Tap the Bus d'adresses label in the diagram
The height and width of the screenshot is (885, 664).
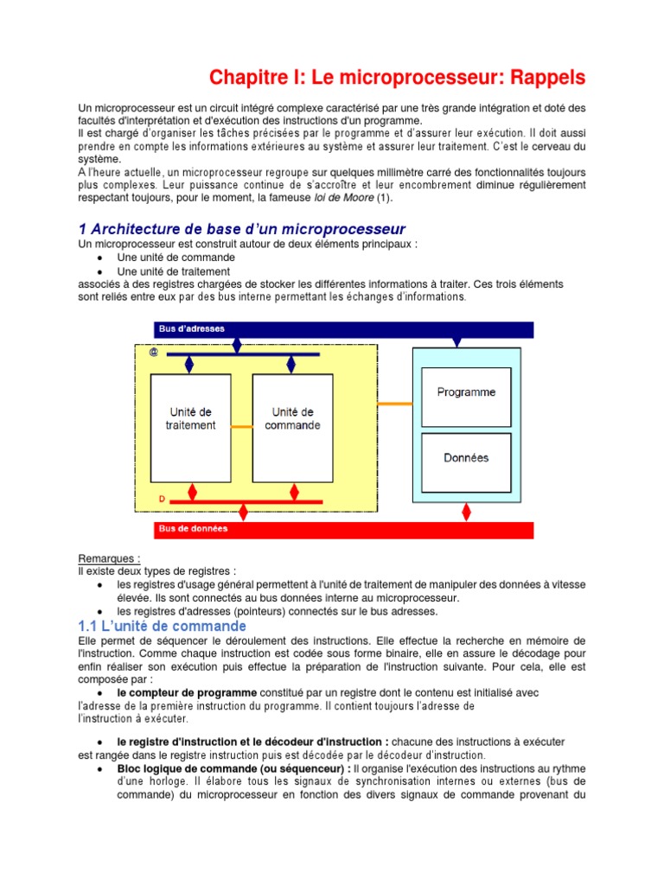tap(192, 329)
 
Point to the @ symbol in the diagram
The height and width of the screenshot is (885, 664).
tap(153, 353)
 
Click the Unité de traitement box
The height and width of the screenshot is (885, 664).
tap(191, 418)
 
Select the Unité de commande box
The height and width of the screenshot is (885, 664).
tap(292, 418)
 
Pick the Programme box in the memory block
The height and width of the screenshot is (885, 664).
tap(466, 392)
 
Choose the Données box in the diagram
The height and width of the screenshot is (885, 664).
tap(466, 457)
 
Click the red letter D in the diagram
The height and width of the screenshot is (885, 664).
tap(161, 500)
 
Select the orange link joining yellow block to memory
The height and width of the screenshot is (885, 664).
tap(395, 404)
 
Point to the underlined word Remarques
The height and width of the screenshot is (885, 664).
tap(109, 559)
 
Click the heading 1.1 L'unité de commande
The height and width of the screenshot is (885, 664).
tap(163, 626)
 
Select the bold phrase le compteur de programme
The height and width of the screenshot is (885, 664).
tap(187, 693)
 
